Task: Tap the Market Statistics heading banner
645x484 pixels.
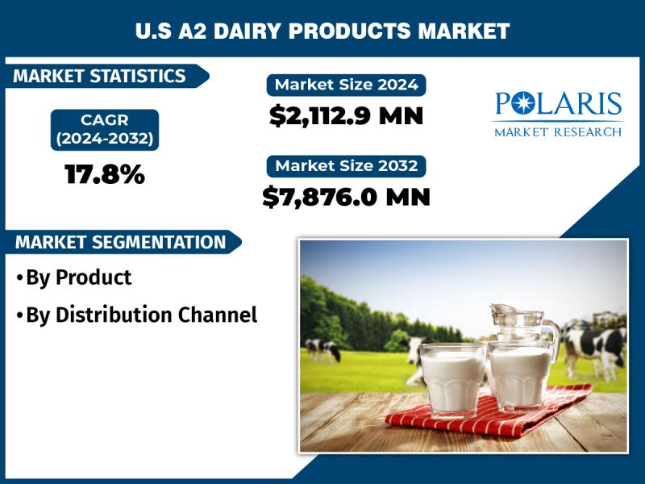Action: pos(105,76)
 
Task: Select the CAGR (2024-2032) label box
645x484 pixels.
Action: pos(105,130)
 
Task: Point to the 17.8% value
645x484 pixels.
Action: pos(105,174)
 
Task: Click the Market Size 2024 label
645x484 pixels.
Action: pos(347,86)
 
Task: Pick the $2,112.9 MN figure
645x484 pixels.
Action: pos(347,116)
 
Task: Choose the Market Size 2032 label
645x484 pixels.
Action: pos(347,166)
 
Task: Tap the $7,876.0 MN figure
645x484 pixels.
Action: pos(347,197)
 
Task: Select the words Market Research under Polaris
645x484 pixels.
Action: pos(558,131)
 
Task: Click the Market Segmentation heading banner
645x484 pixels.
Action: pos(121,242)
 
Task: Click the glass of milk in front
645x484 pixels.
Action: pos(452,378)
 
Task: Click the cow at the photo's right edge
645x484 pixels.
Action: pos(594,350)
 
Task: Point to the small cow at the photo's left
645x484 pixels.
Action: pos(323,350)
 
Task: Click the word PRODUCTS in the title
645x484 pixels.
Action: pos(350,31)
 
